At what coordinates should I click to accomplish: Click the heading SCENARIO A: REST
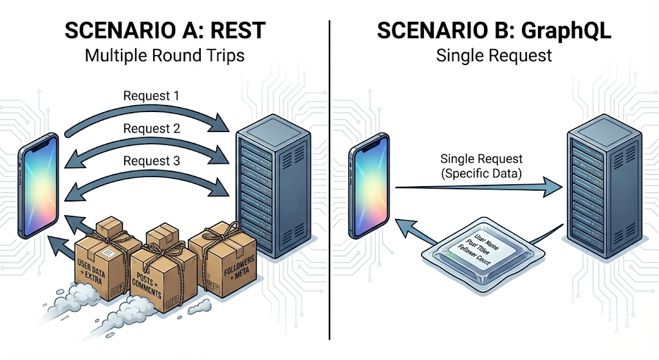click(164, 30)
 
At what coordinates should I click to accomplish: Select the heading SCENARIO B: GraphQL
click(494, 30)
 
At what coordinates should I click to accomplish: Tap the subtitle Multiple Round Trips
click(164, 55)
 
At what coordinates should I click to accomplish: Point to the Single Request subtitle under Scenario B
click(494, 55)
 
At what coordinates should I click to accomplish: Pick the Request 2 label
click(151, 129)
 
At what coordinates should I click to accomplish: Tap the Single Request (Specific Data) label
click(481, 165)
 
